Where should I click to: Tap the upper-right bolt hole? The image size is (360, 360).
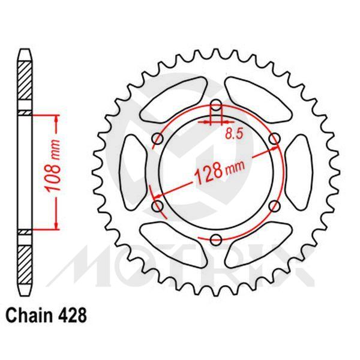click(x=274, y=139)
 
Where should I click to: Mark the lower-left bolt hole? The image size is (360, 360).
click(x=158, y=207)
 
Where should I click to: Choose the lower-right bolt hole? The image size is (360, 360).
click(x=274, y=207)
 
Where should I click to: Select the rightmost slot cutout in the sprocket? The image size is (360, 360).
click(x=299, y=173)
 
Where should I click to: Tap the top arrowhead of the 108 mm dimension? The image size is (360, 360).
click(x=56, y=119)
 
